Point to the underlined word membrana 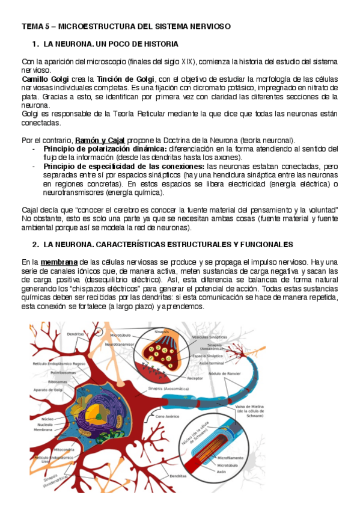[x=59, y=262]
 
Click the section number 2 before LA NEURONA [x=35, y=245]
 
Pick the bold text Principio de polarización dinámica [x=105, y=149]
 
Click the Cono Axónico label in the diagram [x=169, y=416]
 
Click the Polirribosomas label [x=63, y=372]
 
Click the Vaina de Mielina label [x=251, y=409]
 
